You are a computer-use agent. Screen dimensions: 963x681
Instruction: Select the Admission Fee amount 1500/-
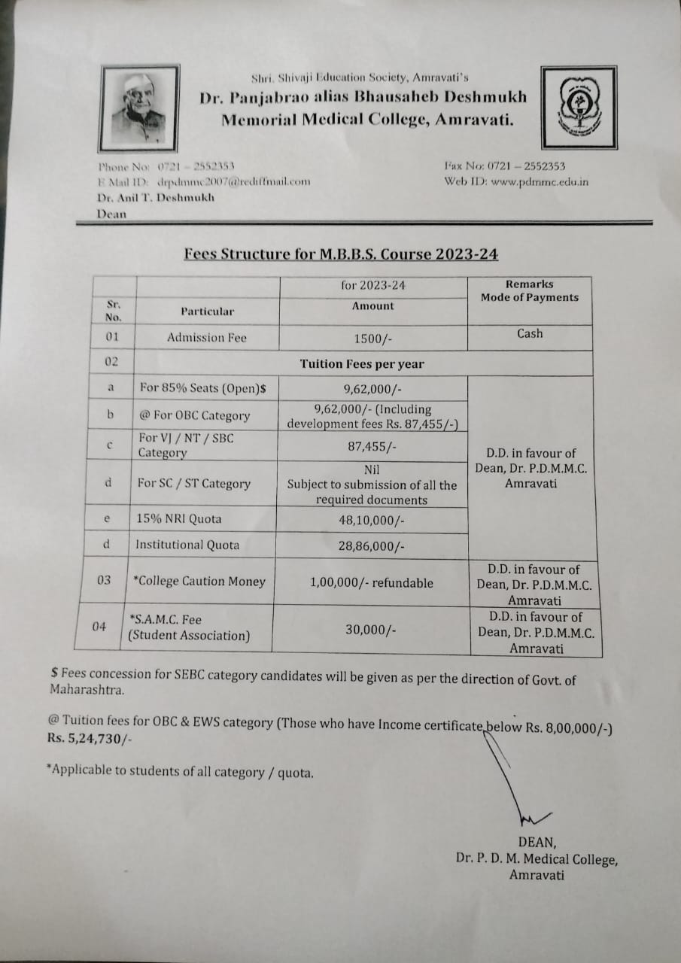(373, 339)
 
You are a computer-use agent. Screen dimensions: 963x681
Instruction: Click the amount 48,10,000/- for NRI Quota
(372, 520)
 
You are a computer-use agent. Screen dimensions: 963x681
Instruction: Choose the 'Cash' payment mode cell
(530, 333)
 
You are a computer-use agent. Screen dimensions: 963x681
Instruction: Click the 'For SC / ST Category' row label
(194, 484)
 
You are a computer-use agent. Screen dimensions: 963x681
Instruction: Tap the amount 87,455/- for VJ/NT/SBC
(372, 446)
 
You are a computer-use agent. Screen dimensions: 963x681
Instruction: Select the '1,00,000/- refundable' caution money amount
(372, 582)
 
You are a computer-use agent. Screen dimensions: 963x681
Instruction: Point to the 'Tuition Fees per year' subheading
(362, 364)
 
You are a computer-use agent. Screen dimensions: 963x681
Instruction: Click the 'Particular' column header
(207, 311)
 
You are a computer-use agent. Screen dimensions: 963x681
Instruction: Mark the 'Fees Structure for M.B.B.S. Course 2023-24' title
(341, 254)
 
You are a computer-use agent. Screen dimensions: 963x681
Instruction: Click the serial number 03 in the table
(104, 580)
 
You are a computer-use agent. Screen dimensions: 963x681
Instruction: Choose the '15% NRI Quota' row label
(178, 519)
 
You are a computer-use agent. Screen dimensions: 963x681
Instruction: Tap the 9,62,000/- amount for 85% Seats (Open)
(372, 389)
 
